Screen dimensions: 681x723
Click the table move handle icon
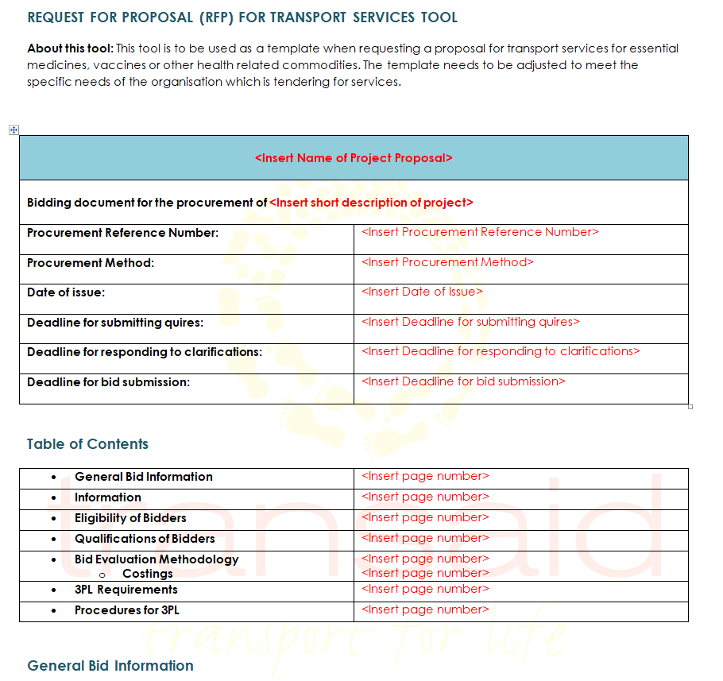[x=14, y=130]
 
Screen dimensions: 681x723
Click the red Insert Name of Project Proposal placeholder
[x=354, y=158]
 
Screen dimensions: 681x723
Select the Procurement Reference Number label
[x=122, y=233]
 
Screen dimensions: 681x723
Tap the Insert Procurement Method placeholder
[x=447, y=262]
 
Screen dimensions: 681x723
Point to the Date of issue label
[x=66, y=292]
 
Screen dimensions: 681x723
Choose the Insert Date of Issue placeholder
[x=422, y=292]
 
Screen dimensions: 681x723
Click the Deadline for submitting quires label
[x=115, y=323]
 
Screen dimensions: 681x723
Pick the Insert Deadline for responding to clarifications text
[x=501, y=351]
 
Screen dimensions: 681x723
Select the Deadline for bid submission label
[x=108, y=382]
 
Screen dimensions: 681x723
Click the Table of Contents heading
[x=87, y=444]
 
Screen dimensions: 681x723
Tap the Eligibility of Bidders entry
[x=130, y=518]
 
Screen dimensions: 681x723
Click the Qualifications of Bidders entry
[x=145, y=539]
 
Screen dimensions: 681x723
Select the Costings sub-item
[x=147, y=574]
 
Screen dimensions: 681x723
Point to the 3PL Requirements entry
[x=126, y=590]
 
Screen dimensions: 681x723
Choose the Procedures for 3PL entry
[x=127, y=610]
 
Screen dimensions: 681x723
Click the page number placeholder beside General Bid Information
[x=425, y=476]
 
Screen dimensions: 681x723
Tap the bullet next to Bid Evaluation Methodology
[x=54, y=560]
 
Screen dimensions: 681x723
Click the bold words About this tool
[x=70, y=48]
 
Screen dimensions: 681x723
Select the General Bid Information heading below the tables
[x=110, y=666]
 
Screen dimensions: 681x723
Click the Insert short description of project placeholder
[x=371, y=203]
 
